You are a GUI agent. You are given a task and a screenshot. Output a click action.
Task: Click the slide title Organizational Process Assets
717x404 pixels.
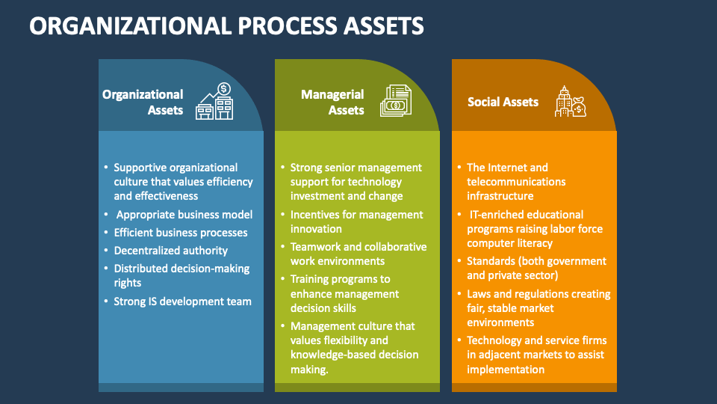[x=227, y=25]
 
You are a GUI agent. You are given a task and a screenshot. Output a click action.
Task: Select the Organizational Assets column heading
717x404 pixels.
[x=143, y=102]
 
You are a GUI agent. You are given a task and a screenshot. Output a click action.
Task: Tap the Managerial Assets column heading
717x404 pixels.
[x=332, y=102]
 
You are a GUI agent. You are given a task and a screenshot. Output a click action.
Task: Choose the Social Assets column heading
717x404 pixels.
[x=503, y=102]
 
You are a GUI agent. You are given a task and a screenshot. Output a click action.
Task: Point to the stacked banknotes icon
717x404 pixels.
[x=395, y=102]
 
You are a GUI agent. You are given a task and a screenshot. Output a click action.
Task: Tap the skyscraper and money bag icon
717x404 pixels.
[x=570, y=102]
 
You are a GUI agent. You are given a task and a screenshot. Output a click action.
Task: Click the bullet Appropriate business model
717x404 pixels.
[x=184, y=215]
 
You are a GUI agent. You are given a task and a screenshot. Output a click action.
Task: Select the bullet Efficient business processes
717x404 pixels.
[x=180, y=233]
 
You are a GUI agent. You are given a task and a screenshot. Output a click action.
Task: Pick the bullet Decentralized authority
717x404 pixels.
[x=170, y=251]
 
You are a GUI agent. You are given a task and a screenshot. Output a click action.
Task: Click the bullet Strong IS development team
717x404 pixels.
[x=182, y=302]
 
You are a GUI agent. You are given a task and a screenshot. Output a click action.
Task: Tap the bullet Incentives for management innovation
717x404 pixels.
[x=356, y=221]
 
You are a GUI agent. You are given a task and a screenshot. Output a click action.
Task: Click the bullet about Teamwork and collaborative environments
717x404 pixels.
[x=358, y=254]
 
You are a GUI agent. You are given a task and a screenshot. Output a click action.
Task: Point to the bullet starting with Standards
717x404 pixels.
[x=536, y=268]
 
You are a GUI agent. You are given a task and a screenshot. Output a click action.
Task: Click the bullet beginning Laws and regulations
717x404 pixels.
[x=538, y=308]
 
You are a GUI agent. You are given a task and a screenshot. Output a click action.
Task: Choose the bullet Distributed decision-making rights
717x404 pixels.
[x=181, y=275]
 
